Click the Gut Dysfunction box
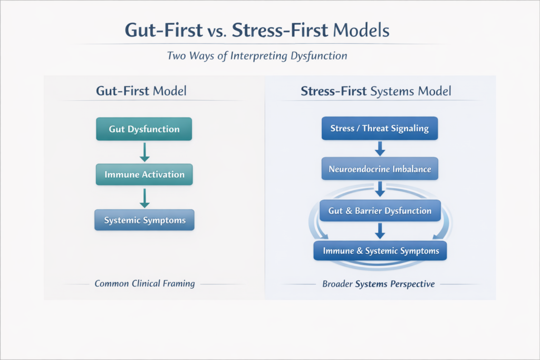coord(144,129)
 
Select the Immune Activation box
coord(144,174)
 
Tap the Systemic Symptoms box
coord(144,220)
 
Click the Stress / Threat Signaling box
coord(380,128)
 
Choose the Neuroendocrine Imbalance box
coord(380,169)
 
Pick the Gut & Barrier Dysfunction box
coord(380,210)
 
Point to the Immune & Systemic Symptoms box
coord(380,251)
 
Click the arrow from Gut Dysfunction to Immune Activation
coord(144,152)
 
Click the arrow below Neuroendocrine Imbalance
coord(380,189)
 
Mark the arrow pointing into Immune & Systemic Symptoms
coord(380,230)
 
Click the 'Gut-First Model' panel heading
coord(141,91)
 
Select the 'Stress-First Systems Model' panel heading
coord(376,91)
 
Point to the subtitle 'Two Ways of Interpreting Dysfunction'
coord(257,55)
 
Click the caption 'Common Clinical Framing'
coord(144,284)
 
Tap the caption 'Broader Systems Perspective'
coord(378,284)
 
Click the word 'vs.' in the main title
coord(217,31)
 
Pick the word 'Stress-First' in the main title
coord(281,30)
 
